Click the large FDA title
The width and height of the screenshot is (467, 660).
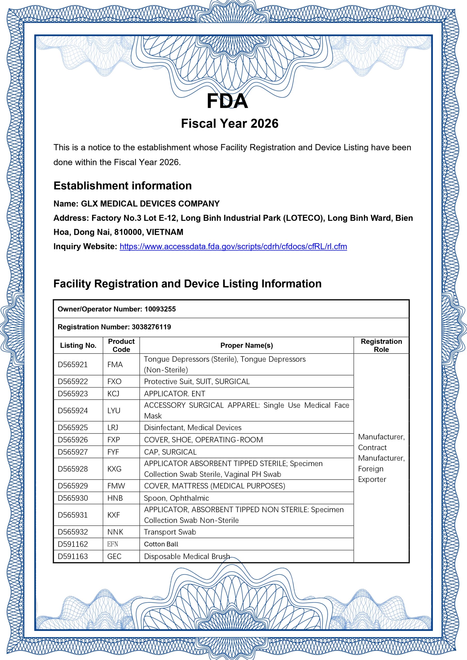[x=227, y=101]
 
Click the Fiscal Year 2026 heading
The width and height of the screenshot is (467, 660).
[x=230, y=123]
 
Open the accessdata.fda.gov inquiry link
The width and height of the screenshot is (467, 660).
[x=233, y=246]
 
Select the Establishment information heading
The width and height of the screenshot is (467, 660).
[x=123, y=186]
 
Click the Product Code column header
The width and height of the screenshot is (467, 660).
[x=121, y=345]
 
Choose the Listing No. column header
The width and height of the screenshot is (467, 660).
[x=78, y=345]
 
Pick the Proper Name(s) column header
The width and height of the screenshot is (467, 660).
[x=247, y=345]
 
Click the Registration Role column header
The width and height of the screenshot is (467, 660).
[x=381, y=345]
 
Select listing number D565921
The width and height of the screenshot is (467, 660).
[x=73, y=365]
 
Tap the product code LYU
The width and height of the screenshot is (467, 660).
[x=114, y=410]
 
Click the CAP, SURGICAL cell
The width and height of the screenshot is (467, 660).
[x=170, y=452]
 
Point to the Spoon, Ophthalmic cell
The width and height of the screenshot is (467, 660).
[x=176, y=498]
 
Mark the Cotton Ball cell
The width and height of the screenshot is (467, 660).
[x=161, y=544]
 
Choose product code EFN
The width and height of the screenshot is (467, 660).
[x=112, y=544]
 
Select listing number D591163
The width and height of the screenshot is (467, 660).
[x=73, y=556]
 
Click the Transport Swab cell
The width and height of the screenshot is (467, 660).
[x=170, y=532]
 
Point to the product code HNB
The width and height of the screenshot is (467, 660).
[x=115, y=498]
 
